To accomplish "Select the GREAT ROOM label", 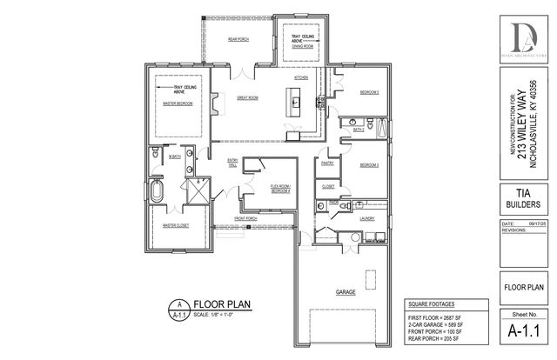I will pyautogui.click(x=248, y=98).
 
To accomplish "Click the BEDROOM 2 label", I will pyautogui.click(x=370, y=91).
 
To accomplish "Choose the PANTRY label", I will pyautogui.click(x=328, y=162).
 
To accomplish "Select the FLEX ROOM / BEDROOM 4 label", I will pyautogui.click(x=279, y=188).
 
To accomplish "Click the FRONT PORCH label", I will pyautogui.click(x=245, y=218).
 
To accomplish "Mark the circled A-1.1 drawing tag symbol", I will pyautogui.click(x=180, y=309).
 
